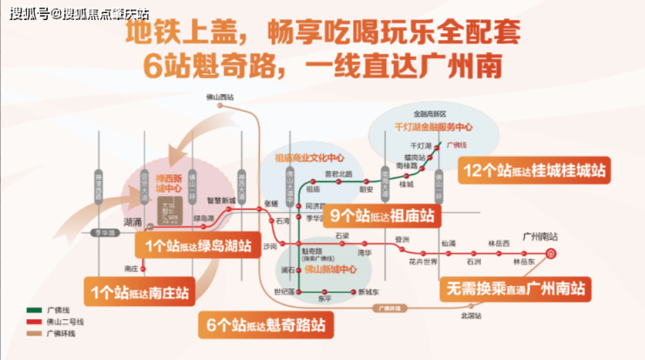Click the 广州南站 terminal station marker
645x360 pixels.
pos(550,253)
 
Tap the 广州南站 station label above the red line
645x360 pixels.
pos(539,236)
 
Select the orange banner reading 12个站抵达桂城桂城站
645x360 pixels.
pos(534,171)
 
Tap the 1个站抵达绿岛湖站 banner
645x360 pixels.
pos(200,246)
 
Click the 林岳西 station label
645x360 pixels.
pos(498,242)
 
